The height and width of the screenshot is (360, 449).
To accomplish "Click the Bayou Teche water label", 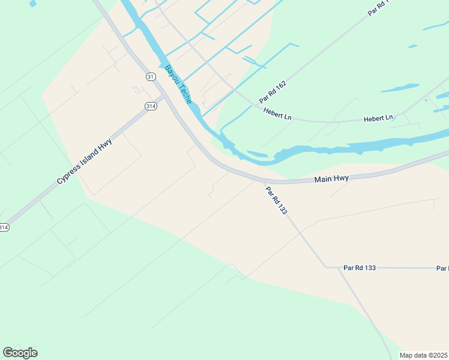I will pos(178,85).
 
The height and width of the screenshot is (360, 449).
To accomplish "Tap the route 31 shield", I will pos(151,76).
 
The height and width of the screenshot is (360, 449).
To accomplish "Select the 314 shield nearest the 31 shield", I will pos(151,106).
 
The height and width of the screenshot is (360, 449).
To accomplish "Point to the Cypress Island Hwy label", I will pos(85,160).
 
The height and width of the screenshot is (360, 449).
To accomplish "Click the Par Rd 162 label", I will pos(273,91).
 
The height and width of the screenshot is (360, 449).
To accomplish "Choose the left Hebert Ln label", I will pos(277,113).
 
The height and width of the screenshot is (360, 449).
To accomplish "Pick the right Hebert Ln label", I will pos(378,118).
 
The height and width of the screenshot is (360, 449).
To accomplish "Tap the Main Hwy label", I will pos(331,179).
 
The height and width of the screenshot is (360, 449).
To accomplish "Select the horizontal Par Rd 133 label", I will pos(360,268).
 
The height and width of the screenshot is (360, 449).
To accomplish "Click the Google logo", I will pos(20,353).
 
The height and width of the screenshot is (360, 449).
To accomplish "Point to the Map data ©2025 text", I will pos(423,355).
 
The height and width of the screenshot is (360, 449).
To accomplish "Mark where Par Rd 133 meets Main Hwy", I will pos(262,181).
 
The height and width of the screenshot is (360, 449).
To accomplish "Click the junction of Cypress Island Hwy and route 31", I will pos(164,96).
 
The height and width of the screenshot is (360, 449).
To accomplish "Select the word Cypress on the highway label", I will pos(68,173).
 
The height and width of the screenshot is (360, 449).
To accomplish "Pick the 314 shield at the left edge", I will pos(4,227).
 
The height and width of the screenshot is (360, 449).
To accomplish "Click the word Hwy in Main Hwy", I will pos(341,179).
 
